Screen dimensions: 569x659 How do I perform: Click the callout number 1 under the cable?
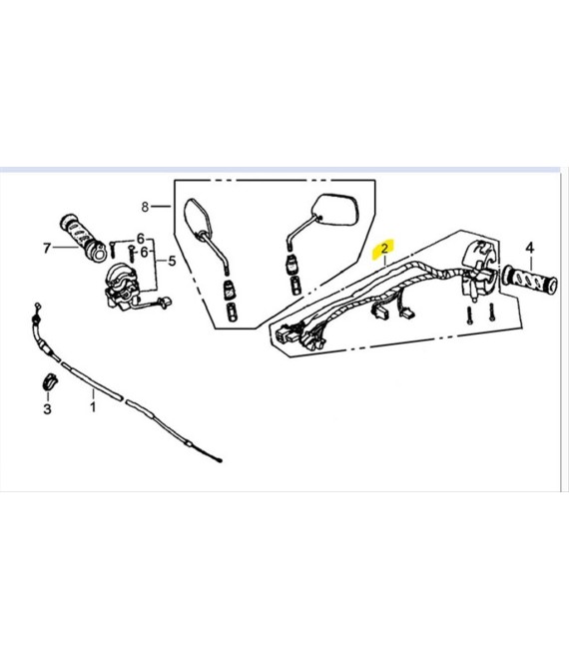coord(93,406)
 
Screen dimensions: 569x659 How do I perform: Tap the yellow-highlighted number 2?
coord(383,249)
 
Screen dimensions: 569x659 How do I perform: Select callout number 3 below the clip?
coord(47,408)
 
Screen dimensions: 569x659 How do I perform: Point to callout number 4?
coord(530,248)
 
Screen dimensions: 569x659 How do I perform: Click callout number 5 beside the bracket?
coord(172,261)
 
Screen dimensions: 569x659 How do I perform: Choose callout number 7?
coord(47,249)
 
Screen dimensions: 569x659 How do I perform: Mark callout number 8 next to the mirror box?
coord(145,207)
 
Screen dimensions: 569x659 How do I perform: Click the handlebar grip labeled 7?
coord(83,238)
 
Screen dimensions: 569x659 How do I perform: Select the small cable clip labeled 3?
coord(50,380)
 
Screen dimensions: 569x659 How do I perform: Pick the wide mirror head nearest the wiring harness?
coord(336,209)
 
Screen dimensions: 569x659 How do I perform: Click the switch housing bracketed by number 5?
coord(123,287)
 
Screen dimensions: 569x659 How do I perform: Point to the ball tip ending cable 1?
coord(219,460)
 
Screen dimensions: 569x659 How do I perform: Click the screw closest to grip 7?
coord(112,250)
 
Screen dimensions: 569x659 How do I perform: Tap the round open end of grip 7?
coord(99,255)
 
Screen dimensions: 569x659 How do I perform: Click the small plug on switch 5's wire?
coord(165,302)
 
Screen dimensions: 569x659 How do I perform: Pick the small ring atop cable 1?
coord(37,305)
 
